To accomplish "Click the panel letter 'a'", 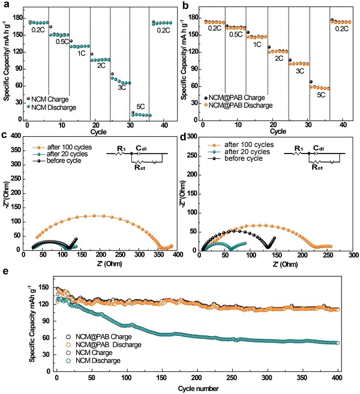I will pyautogui.click(x=5, y=6).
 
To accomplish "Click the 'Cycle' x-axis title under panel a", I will pyautogui.click(x=96, y=130).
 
